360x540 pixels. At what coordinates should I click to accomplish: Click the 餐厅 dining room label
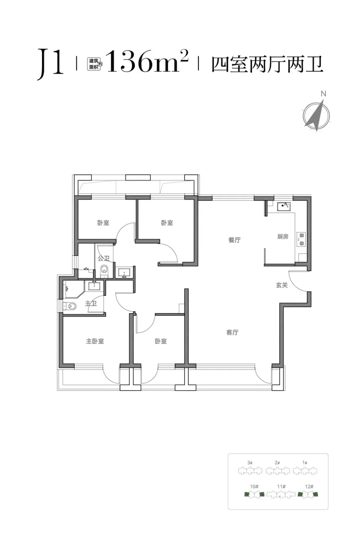click(x=234, y=240)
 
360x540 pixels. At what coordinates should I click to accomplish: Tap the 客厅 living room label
click(x=232, y=332)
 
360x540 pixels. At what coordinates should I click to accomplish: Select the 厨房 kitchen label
click(x=282, y=236)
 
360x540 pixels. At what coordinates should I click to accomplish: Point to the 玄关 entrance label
click(x=282, y=285)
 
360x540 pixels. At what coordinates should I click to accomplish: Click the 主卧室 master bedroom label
click(x=95, y=341)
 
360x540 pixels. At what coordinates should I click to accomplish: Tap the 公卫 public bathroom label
click(x=103, y=258)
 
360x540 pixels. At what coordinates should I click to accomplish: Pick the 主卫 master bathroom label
click(x=91, y=303)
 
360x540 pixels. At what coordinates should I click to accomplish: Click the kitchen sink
click(x=284, y=207)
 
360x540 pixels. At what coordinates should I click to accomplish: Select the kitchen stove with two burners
click(x=301, y=239)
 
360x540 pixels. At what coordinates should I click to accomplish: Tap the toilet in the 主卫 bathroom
click(x=70, y=306)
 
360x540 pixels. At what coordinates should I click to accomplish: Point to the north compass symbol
click(x=316, y=116)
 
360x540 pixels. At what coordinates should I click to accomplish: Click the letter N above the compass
click(x=324, y=94)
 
